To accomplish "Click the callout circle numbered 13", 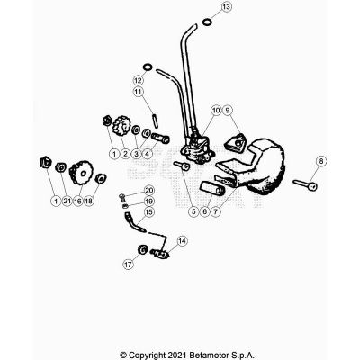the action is (227, 6).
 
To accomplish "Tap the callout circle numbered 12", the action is (138, 80).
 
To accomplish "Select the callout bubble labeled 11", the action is (138, 92).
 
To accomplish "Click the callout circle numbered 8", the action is (321, 161).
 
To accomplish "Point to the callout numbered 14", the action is (182, 241).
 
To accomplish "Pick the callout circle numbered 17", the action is (128, 265).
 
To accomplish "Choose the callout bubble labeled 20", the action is (149, 191).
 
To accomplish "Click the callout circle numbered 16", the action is (77, 201).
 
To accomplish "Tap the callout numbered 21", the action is (67, 201).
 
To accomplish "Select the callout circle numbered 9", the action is (227, 111).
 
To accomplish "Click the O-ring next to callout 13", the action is (207, 22).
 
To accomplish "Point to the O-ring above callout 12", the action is (148, 67).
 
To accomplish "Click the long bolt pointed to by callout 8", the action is (305, 184).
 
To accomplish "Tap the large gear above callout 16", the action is (81, 172).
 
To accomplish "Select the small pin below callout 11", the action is (155, 120).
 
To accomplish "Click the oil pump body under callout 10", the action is (197, 147).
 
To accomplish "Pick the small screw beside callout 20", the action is (121, 197).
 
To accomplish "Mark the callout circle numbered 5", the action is (193, 211).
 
